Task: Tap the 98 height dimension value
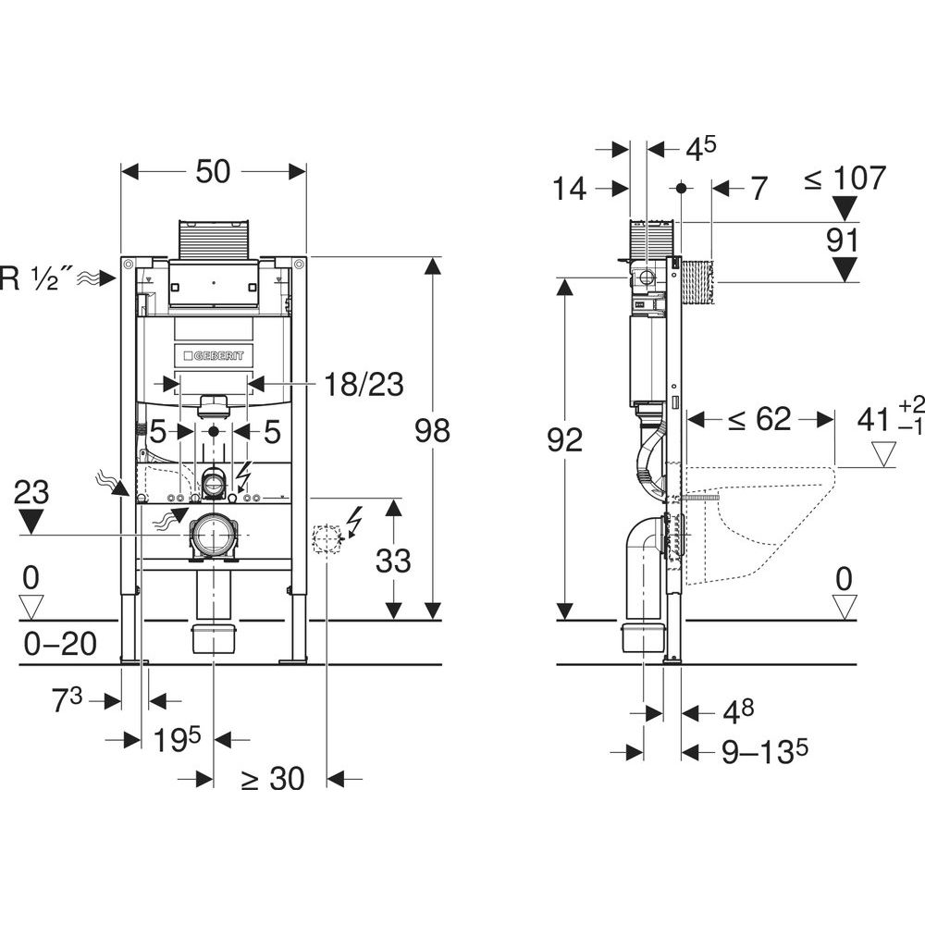click(433, 431)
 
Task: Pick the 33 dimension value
click(393, 560)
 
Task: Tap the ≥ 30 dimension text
click(272, 779)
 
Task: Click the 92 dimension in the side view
click(563, 440)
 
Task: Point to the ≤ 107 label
click(845, 178)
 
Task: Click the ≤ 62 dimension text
click(758, 419)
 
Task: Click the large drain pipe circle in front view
click(215, 535)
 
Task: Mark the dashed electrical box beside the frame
click(327, 538)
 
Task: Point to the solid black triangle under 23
click(32, 522)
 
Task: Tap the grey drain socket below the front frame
click(214, 639)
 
